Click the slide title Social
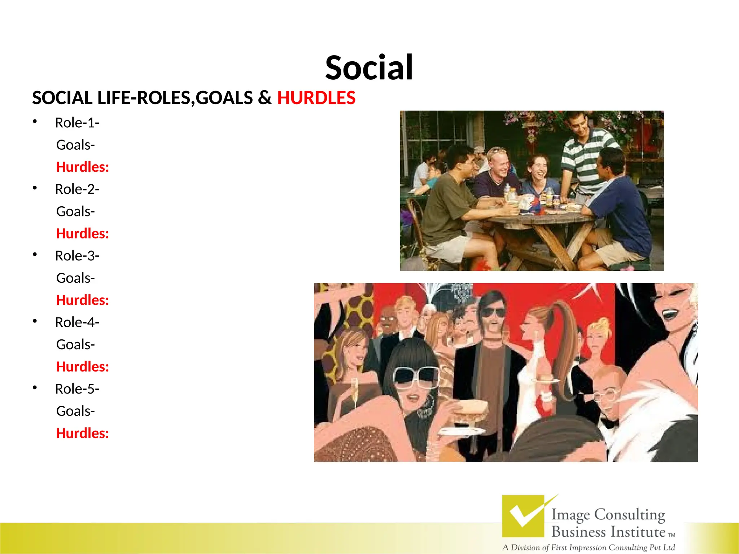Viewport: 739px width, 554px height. tap(369, 68)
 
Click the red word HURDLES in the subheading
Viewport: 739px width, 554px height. tap(316, 98)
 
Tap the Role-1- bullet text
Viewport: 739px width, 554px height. tap(77, 123)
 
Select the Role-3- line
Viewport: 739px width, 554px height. tap(77, 256)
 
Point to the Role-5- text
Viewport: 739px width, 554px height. tap(77, 389)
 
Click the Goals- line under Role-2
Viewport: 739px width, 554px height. tap(75, 211)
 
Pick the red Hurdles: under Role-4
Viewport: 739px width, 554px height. tap(82, 367)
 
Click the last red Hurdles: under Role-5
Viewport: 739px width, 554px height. tap(82, 433)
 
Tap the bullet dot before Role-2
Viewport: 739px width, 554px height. tap(35, 188)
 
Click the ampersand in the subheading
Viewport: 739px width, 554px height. tap(264, 98)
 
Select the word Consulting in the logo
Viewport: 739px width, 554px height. tap(629, 515)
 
